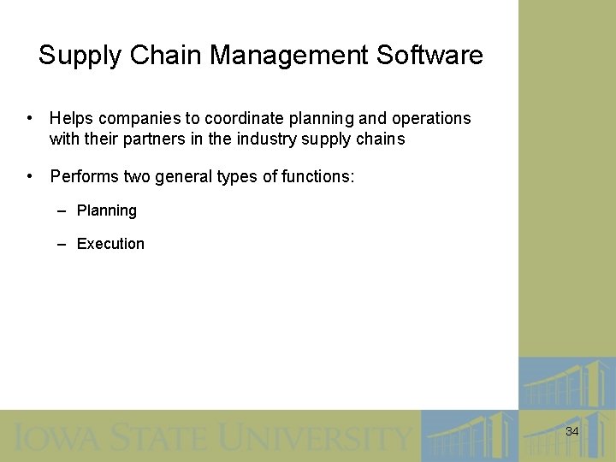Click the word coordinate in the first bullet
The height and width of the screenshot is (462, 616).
[x=238, y=118]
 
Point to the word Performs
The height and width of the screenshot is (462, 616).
[x=84, y=177]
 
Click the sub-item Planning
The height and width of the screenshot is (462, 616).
[x=107, y=210]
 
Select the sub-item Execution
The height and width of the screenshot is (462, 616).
[x=110, y=244]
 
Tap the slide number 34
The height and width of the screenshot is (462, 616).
[x=572, y=432]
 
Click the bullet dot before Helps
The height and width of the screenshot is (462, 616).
[x=30, y=118]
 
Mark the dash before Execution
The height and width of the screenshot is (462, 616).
[x=62, y=244]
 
